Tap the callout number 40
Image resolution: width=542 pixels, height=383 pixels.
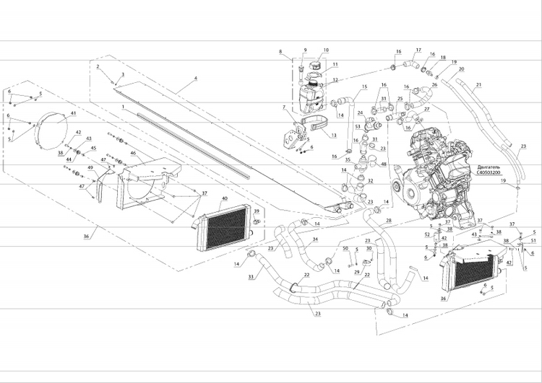[x=225, y=198]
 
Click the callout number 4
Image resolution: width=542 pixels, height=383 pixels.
[x=195, y=77]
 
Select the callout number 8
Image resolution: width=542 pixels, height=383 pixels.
[x=281, y=52]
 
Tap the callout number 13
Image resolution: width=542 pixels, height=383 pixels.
[x=334, y=135]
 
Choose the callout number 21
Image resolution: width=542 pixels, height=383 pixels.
[x=478, y=84]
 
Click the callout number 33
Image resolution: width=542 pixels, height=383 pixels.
[x=250, y=276]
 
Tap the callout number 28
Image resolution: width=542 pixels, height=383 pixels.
[x=389, y=220]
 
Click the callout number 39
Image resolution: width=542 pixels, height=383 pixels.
[x=257, y=211]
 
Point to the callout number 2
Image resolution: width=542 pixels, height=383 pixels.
[x=97, y=66]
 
